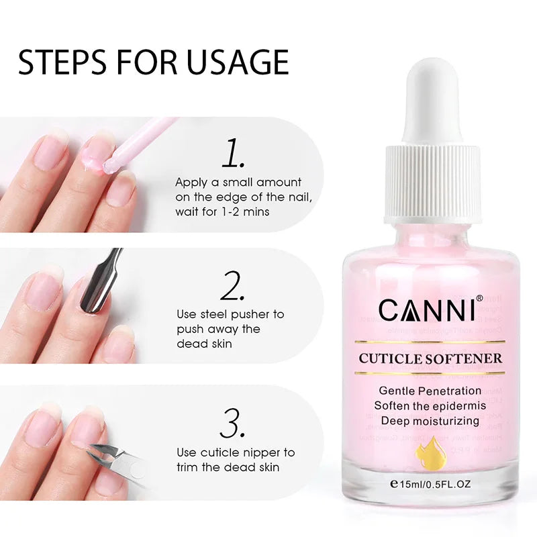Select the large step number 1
pyautogui.click(x=232, y=154)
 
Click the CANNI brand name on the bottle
pyautogui.click(x=427, y=310)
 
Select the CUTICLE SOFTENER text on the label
pyautogui.click(x=430, y=358)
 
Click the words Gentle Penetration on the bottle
pyautogui.click(x=430, y=391)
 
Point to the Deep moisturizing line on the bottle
pyautogui.click(x=430, y=421)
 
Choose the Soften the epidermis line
pyautogui.click(x=430, y=405)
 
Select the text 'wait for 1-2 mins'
pyautogui.click(x=223, y=211)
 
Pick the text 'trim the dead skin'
pyautogui.click(x=228, y=467)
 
